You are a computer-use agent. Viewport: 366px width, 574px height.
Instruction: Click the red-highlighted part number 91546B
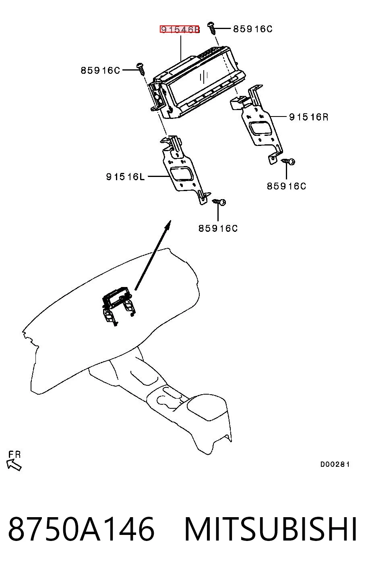coord(180,29)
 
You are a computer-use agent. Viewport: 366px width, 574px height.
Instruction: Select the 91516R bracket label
coord(309,117)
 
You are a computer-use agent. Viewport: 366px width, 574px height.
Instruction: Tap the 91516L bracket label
coord(125,177)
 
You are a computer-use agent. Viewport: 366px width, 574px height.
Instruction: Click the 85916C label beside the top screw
coord(252,29)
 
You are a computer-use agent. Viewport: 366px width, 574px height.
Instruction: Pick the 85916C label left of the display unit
coord(100,70)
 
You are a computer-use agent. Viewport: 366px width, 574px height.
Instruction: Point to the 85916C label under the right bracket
coord(286,186)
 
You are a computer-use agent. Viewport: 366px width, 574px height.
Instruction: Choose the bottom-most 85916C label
coord(218,228)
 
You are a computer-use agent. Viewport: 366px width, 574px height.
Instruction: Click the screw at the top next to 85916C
coord(212,28)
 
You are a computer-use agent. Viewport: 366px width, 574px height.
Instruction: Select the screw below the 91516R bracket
coord(288,162)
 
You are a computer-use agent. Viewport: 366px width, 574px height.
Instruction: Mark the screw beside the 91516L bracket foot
coord(219,202)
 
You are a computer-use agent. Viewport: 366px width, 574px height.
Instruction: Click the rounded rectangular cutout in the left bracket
coord(182,175)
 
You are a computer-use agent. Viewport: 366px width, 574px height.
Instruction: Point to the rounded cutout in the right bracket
coord(261,128)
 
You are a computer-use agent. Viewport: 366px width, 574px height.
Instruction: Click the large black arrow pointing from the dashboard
coord(153,255)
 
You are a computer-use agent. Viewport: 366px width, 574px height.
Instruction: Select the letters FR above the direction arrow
coord(14,455)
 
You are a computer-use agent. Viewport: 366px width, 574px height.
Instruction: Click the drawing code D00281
coord(335,464)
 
